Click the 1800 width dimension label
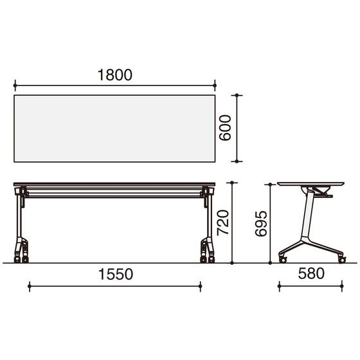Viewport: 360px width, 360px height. click(115, 75)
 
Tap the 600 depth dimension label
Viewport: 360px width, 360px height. click(225, 128)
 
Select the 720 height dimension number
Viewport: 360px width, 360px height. click(223, 222)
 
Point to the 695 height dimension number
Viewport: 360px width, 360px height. click(261, 224)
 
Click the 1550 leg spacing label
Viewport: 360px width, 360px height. click(116, 274)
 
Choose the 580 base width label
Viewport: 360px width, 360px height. click(311, 273)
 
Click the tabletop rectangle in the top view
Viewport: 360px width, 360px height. click(114, 129)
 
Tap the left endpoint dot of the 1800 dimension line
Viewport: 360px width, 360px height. click(15, 85)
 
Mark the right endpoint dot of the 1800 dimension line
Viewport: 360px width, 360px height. click(215, 85)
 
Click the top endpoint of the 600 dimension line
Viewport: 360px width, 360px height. click(237, 95)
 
